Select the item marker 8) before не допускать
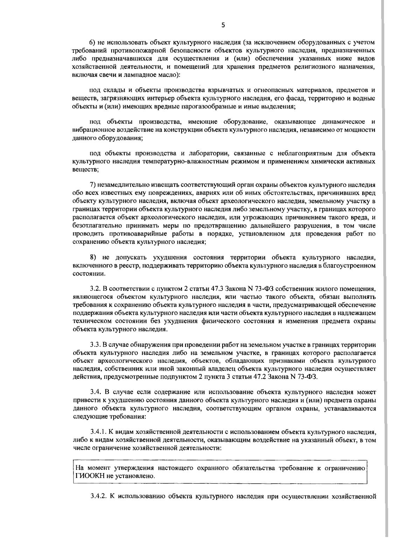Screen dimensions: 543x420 (x=93, y=258)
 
